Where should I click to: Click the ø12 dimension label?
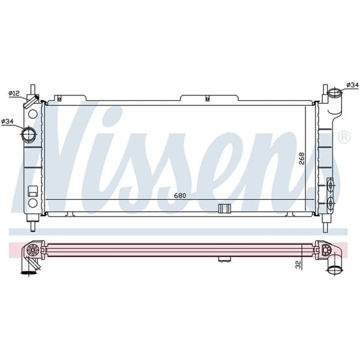(14, 93)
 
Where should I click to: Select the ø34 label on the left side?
(8, 122)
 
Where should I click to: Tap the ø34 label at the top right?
(352, 85)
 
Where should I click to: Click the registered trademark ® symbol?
(344, 138)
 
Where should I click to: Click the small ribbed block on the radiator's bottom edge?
(224, 208)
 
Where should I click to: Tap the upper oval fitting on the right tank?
(329, 184)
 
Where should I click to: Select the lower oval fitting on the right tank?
(329, 204)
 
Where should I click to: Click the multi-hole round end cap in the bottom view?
(34, 249)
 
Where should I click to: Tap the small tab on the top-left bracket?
(58, 97)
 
